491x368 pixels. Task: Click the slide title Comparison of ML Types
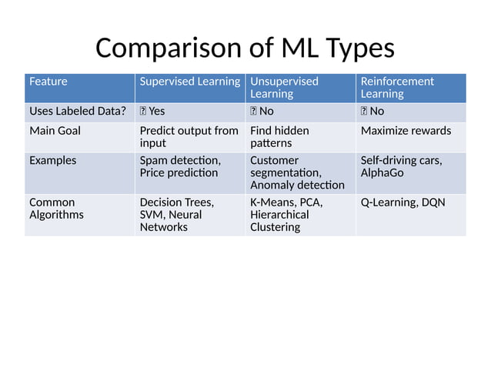(245, 48)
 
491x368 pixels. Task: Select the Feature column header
(48, 82)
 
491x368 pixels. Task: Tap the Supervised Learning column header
(189, 82)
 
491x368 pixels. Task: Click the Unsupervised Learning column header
(284, 87)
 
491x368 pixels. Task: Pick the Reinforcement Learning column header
(396, 87)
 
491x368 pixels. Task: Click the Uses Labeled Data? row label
(77, 112)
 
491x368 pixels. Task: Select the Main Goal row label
(55, 131)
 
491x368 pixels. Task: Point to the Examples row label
(52, 161)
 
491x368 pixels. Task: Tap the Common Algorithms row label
(56, 209)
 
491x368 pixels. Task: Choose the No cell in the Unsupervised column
(266, 112)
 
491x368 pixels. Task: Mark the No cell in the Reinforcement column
(377, 112)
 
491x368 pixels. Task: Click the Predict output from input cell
(189, 136)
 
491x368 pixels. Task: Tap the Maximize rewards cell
(406, 131)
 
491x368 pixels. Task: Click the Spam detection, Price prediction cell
(180, 166)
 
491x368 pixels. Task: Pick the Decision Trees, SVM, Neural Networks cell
(176, 215)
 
